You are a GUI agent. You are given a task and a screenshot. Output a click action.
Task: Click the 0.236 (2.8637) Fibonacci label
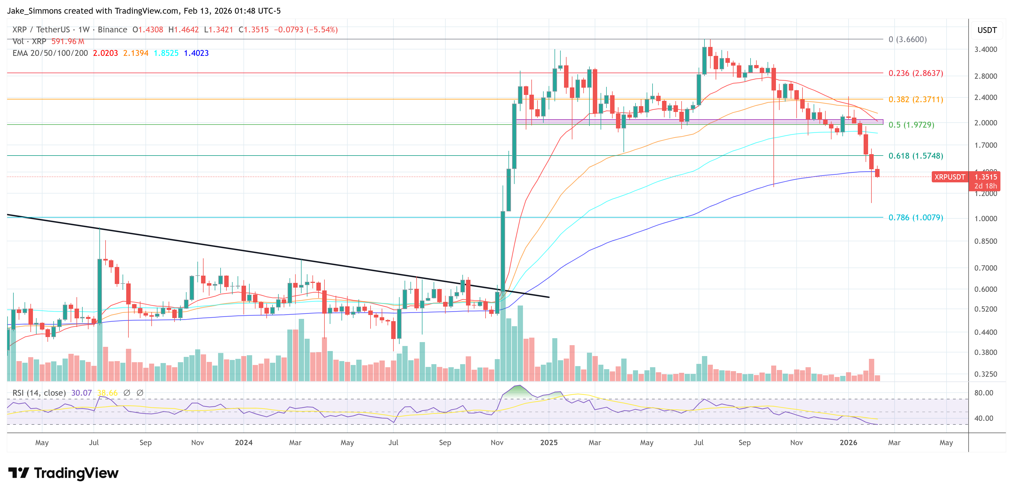(916, 73)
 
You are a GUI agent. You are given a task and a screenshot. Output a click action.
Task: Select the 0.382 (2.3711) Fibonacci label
(916, 99)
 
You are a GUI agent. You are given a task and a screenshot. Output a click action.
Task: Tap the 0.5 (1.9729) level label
(911, 125)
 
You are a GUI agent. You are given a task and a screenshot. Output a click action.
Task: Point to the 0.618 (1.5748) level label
(916, 156)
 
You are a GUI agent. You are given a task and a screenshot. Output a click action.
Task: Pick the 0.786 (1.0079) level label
(916, 218)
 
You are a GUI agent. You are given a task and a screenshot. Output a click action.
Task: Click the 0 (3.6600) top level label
(907, 39)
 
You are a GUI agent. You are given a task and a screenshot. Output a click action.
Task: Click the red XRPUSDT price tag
(949, 177)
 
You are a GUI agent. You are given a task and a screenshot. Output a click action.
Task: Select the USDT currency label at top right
(987, 30)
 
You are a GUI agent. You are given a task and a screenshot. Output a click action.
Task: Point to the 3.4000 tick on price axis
(985, 49)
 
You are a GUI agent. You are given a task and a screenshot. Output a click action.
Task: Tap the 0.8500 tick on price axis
(985, 241)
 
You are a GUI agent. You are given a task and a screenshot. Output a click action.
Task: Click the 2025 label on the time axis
(549, 442)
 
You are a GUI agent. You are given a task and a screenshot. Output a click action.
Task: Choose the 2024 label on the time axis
(243, 442)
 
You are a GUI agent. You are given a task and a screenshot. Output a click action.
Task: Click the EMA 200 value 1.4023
(196, 53)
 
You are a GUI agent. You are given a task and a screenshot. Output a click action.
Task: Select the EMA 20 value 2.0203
(105, 53)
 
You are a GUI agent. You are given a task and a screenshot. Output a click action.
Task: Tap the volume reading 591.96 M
(68, 41)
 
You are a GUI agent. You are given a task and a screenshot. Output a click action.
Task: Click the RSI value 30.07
(82, 393)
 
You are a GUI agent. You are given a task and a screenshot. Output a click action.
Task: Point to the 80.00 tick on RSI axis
(983, 393)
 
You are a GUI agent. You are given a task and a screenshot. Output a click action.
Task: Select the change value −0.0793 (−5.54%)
(305, 30)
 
